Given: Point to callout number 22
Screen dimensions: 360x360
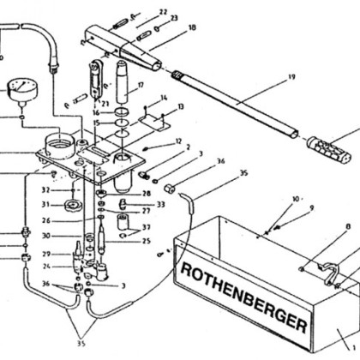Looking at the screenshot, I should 163,11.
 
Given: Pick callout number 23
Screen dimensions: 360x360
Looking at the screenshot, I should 174,18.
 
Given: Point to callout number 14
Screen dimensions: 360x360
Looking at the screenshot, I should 163,98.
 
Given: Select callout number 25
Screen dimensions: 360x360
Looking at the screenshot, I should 147,241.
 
